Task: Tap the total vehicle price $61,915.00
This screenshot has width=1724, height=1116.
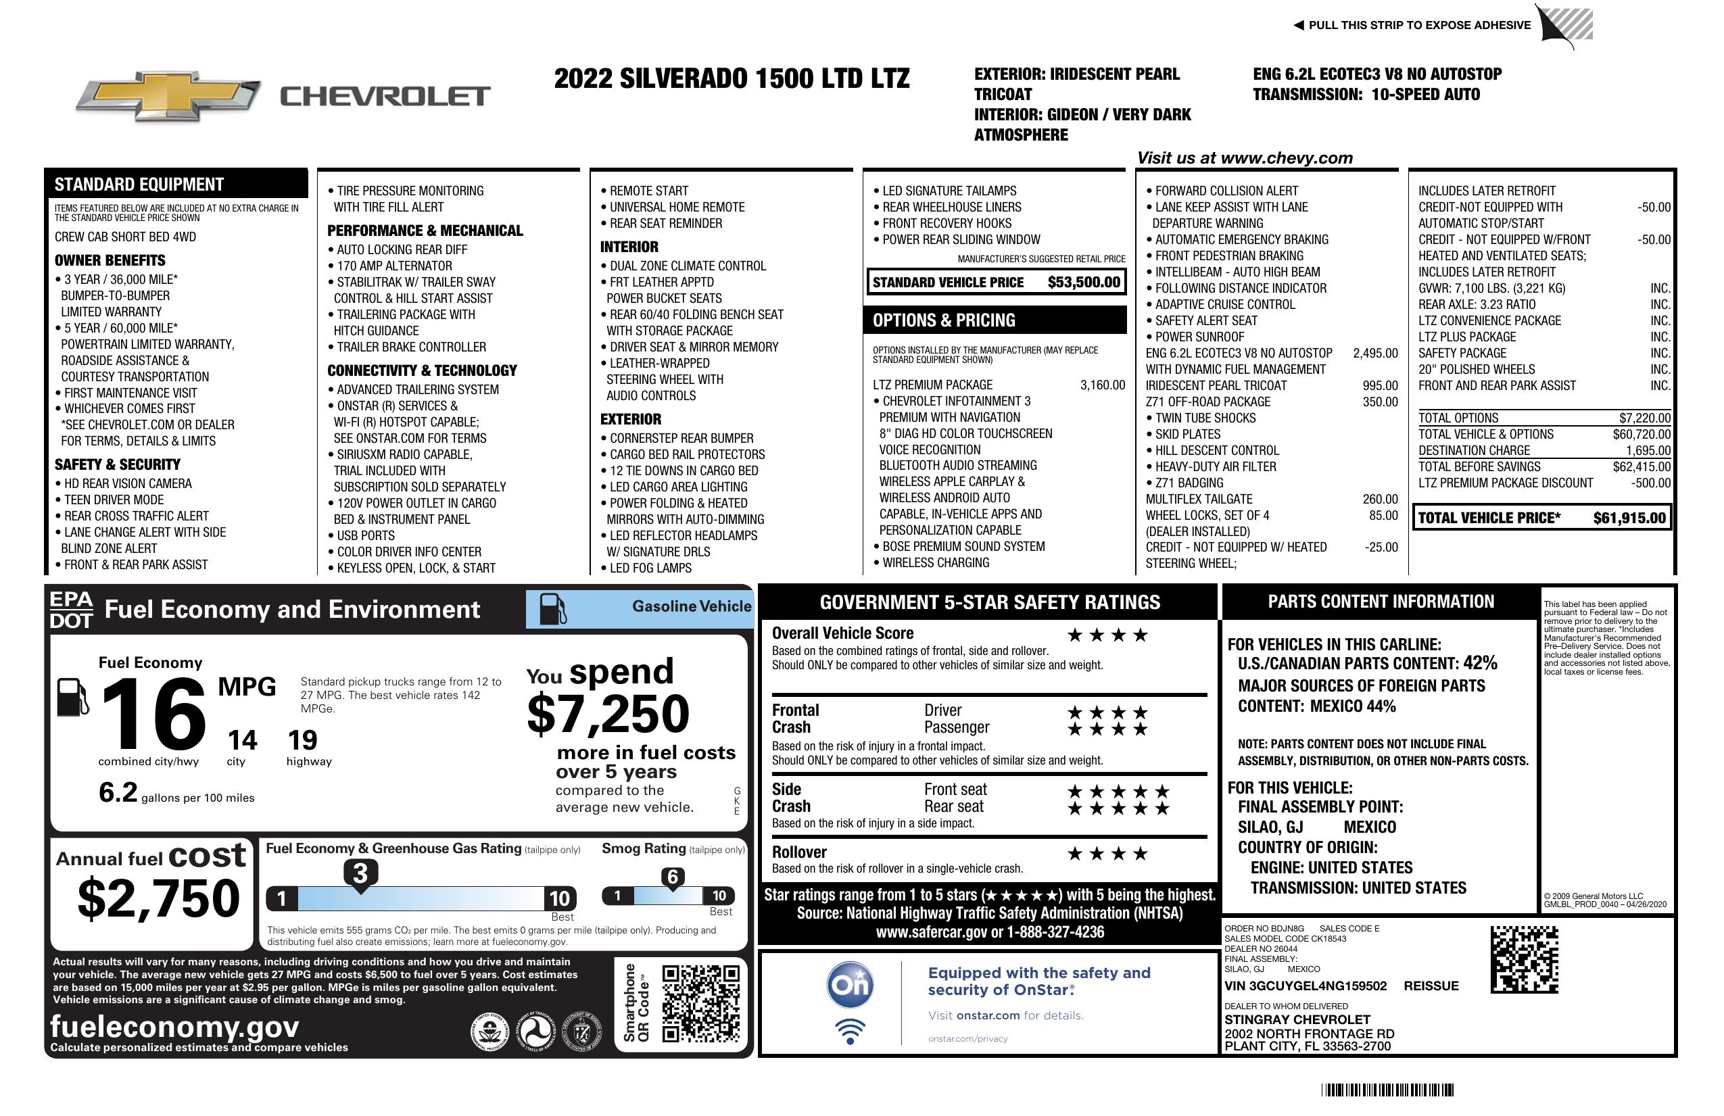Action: coord(1629,518)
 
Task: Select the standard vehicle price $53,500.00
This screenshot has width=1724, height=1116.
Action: coord(1084,283)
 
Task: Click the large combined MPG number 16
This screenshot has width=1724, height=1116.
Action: coord(153,714)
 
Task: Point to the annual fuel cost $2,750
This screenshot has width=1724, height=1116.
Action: coord(159,898)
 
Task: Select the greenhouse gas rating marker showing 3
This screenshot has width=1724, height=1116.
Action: coord(360,873)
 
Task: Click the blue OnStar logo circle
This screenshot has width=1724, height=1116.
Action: coord(850,985)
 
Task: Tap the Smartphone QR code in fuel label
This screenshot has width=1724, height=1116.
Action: coord(700,1003)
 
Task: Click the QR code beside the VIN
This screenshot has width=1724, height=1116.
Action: coord(1524,960)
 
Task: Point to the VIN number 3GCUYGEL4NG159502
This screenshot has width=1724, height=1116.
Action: coord(1306,986)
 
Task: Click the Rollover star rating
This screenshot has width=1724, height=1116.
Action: coord(1107,854)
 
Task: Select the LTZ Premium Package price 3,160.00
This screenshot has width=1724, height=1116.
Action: coord(1103,385)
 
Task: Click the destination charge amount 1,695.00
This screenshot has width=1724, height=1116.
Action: coord(1648,450)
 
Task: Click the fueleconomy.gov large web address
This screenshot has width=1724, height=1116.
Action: coord(174,1026)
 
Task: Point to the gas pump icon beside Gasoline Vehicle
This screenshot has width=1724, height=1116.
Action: coord(553,608)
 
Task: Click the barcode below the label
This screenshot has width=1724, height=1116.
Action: coord(1387,1090)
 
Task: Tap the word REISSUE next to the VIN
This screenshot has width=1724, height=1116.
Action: coord(1431,986)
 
